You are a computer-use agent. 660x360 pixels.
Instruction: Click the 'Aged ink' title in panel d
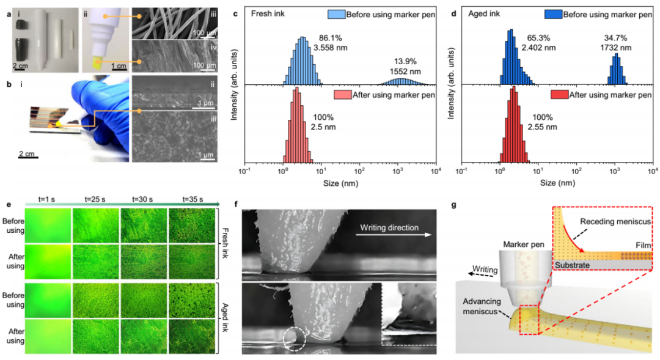click(476, 13)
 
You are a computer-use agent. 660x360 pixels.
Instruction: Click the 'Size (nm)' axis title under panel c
click(340, 182)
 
